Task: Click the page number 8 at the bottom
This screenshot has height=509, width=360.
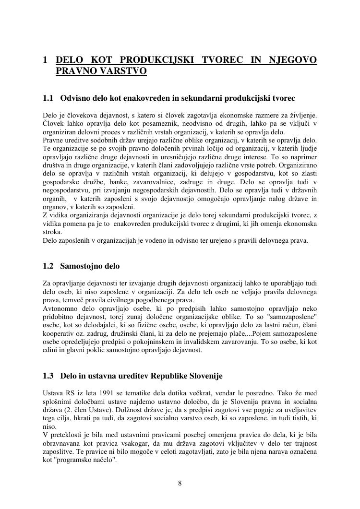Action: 180,483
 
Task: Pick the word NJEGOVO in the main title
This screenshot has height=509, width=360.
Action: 293,60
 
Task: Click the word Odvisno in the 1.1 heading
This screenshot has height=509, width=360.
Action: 75,98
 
